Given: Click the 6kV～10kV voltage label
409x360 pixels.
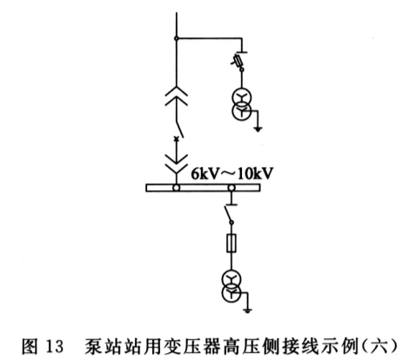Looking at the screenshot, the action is click(232, 174).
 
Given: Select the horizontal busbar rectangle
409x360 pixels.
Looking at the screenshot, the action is click(203, 188).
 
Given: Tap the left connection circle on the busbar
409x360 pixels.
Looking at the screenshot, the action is click(176, 188).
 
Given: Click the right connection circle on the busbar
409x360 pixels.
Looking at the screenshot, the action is click(231, 188).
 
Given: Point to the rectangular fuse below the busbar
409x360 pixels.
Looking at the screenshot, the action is click(231, 243).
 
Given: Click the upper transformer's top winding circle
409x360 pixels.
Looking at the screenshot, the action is click(241, 98).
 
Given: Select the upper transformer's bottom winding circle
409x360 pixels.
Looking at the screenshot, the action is click(241, 110).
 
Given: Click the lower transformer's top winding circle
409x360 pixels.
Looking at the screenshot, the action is click(231, 279).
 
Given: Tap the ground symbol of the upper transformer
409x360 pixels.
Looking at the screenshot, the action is click(258, 129).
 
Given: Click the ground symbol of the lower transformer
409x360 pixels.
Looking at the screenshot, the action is click(247, 311).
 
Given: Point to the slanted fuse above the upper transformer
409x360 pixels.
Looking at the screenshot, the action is click(238, 60).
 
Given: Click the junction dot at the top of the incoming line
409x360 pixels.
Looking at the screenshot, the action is click(176, 38).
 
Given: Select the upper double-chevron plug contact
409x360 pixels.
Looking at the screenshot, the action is click(176, 96).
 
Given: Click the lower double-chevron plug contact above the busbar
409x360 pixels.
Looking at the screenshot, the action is click(176, 163).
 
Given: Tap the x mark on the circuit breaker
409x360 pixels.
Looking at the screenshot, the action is click(176, 139).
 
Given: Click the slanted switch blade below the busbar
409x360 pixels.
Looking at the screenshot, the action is click(228, 214).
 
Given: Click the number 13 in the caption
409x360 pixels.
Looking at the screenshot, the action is click(54, 346).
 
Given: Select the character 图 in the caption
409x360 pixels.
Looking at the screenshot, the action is click(30, 346).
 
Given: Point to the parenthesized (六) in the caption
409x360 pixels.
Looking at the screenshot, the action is click(379, 346).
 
